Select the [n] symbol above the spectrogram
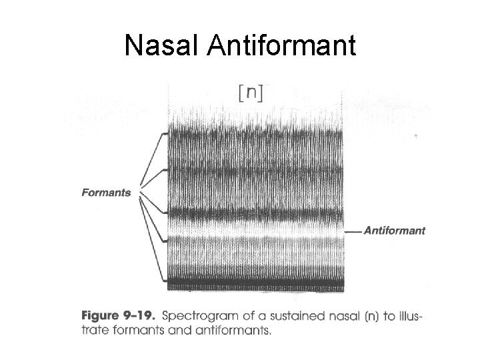pos(250,93)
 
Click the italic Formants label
pos(106,193)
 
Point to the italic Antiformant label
pos(395,231)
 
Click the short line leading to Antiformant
pos(353,231)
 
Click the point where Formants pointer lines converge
pos(138,194)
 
